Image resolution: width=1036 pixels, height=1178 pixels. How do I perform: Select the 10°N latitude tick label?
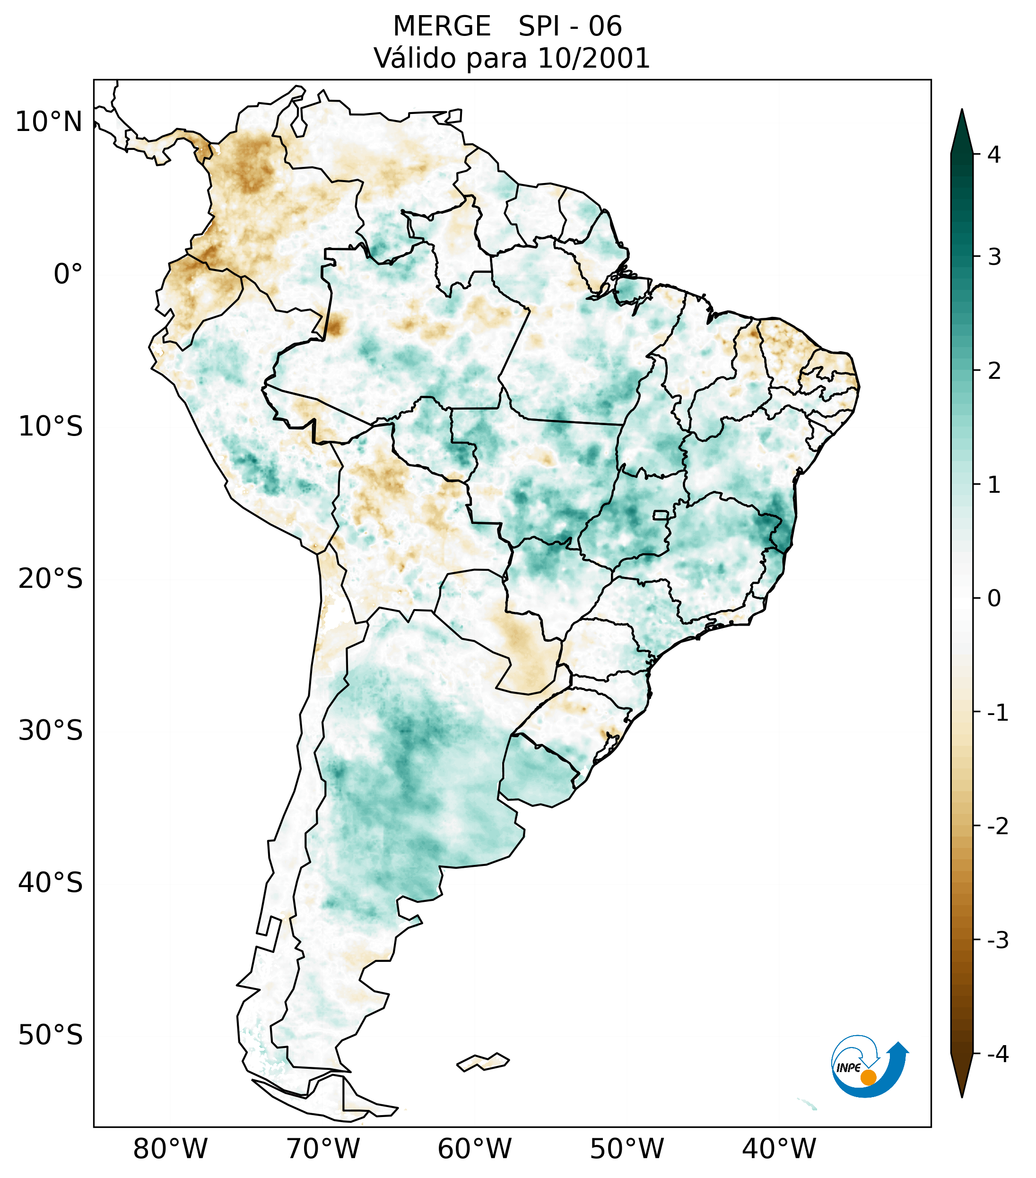click(x=49, y=122)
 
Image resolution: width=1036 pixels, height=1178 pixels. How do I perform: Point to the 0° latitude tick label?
click(x=68, y=274)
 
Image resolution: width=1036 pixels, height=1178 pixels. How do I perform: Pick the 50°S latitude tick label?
click(x=51, y=1035)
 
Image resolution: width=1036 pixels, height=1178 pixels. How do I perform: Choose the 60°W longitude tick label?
click(x=474, y=1148)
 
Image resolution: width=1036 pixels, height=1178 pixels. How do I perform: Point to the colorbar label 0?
click(x=994, y=598)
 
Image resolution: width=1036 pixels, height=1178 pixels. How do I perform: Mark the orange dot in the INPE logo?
click(x=868, y=1077)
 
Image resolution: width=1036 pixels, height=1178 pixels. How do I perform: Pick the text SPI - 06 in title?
click(x=570, y=26)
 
